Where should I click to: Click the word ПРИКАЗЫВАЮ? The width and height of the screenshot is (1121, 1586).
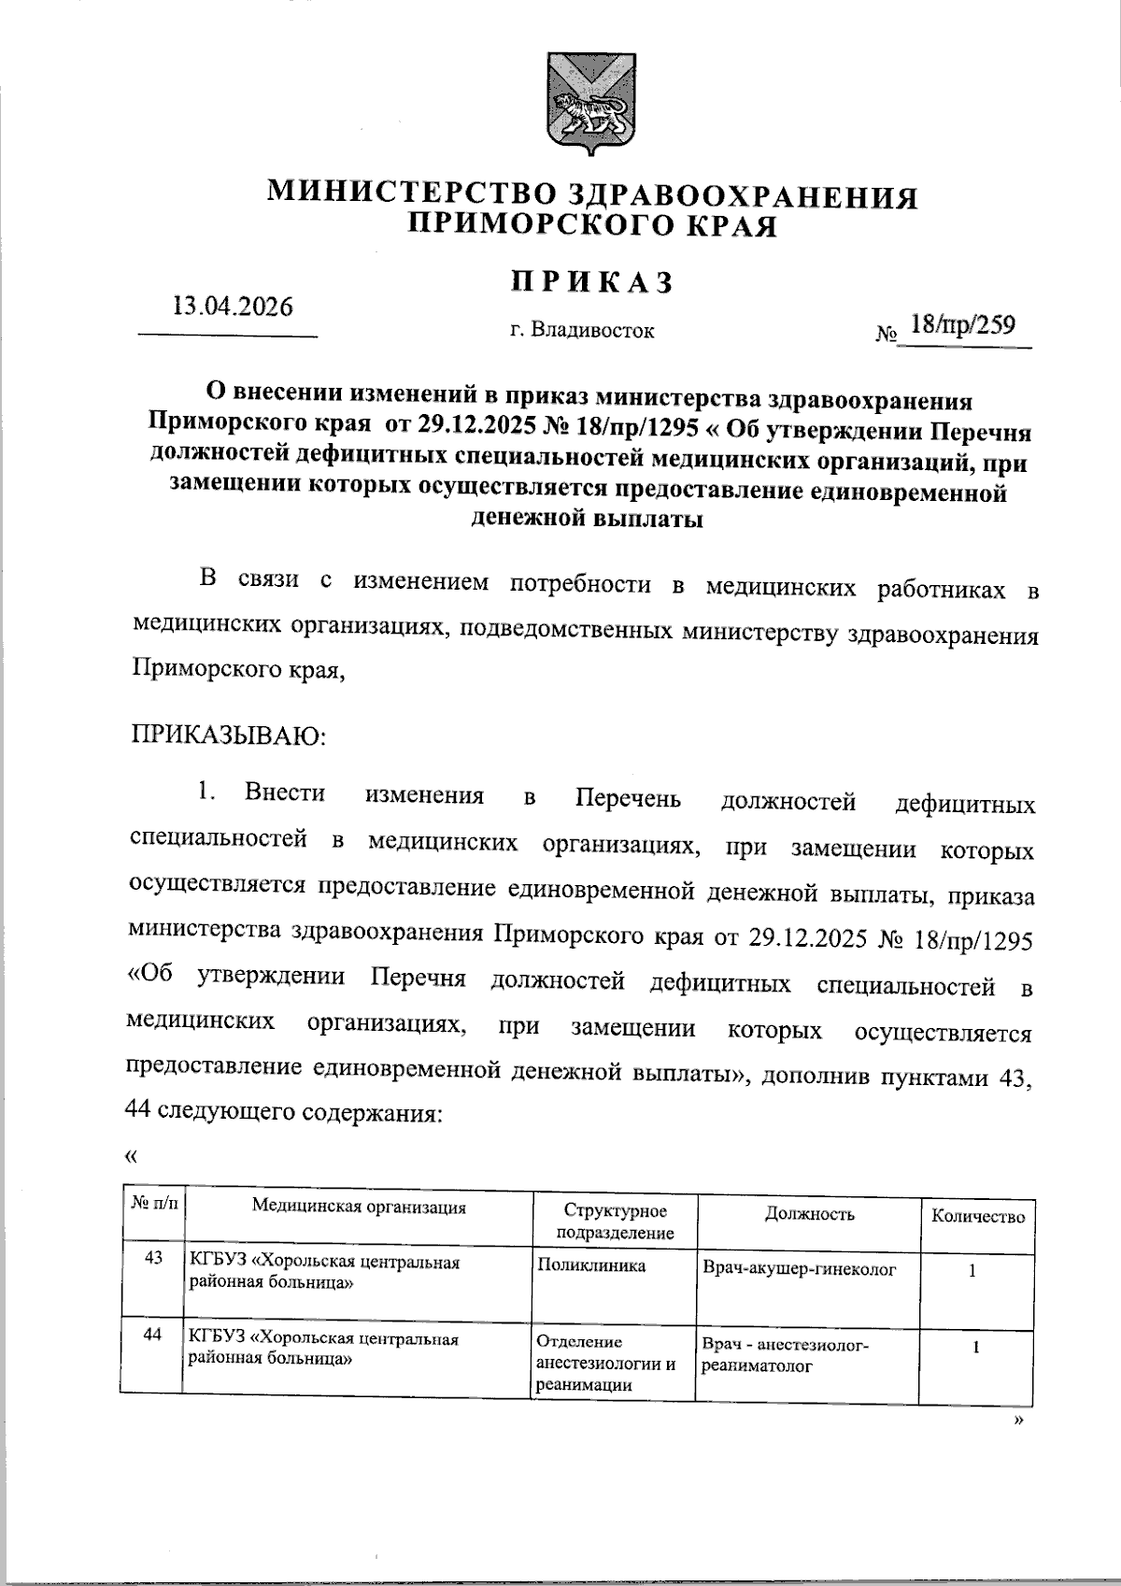pos(228,734)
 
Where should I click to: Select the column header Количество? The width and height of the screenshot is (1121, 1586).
pos(977,1216)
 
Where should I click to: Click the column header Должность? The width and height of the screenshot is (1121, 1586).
pos(809,1213)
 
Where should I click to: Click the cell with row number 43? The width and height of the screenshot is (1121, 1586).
pos(153,1258)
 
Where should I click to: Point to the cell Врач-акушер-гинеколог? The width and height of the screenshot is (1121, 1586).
pos(799,1269)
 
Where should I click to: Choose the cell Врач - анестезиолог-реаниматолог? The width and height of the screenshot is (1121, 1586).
pos(785,1354)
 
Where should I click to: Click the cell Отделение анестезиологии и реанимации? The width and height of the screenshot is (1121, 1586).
pos(606,1364)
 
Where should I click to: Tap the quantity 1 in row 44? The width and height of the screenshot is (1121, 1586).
pos(976,1348)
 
